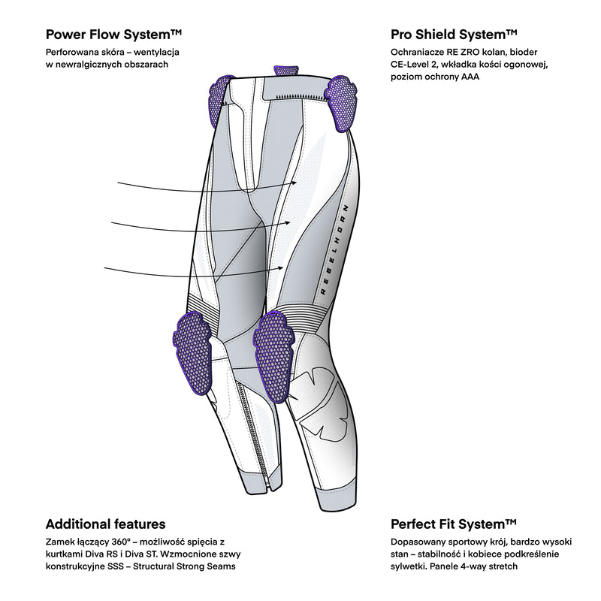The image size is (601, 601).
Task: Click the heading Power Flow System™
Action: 114,35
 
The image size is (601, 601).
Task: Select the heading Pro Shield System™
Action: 454,35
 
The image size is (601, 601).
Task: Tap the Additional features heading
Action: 105,524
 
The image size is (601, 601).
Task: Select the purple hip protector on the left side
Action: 213,98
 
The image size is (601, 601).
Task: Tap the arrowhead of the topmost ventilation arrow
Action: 297,181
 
